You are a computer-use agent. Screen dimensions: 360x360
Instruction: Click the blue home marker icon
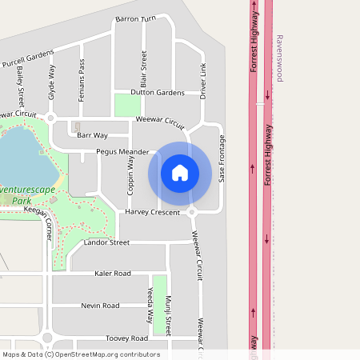coord(180,173)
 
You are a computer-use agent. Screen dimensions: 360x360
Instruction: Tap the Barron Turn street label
coord(135,18)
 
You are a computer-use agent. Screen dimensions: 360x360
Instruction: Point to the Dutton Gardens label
coord(158,93)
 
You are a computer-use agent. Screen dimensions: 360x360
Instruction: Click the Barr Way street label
coord(92,135)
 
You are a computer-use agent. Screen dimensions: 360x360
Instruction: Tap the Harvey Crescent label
coord(152,212)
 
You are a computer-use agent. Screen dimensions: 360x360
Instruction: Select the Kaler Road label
coord(112,273)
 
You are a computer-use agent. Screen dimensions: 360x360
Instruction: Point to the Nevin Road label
coord(100,305)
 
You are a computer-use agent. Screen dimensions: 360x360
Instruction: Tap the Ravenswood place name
coord(279,58)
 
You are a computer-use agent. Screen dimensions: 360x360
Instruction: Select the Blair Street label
coord(144,69)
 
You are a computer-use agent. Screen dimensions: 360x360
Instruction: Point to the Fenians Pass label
coord(82,79)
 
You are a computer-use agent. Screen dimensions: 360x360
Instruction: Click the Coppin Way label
coord(130,179)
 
